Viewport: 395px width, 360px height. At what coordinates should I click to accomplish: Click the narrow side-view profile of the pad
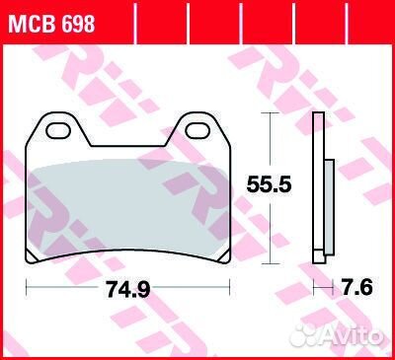[318, 187]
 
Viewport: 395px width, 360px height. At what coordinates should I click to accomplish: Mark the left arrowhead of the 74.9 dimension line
[29, 289]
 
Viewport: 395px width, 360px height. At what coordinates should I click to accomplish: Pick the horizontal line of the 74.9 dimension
[69, 289]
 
